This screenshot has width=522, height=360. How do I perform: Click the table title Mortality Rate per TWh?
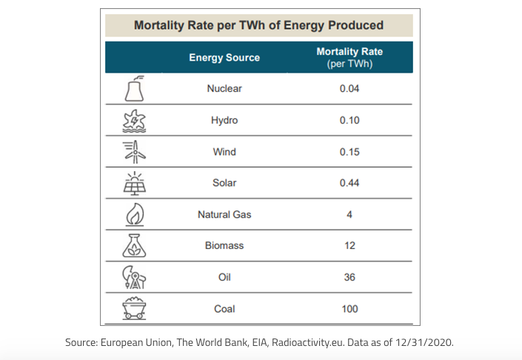point(258,25)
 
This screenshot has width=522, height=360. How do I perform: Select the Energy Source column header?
point(224,57)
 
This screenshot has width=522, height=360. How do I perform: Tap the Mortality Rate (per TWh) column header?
point(349,57)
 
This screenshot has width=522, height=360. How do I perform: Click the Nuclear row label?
point(224,89)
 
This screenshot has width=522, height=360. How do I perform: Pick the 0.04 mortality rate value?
point(349,89)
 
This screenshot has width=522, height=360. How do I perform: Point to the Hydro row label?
point(224,120)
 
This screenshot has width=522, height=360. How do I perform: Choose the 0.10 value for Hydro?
point(349,120)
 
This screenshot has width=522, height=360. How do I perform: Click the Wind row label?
point(224,152)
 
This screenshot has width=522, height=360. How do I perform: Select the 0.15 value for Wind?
point(349,152)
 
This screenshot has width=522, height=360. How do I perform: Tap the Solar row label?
point(224,183)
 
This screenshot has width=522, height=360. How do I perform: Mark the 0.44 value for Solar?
point(349,183)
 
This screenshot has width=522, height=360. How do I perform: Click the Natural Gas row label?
point(224,215)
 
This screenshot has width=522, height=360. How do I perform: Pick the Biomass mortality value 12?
point(349,246)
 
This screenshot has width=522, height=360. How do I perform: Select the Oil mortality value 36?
point(349,277)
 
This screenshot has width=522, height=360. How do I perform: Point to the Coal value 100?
point(349,309)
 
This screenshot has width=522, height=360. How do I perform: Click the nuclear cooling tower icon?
point(134,89)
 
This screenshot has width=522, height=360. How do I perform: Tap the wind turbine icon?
point(134,152)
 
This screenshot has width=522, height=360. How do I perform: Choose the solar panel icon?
point(134,183)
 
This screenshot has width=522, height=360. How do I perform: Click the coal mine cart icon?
point(134,309)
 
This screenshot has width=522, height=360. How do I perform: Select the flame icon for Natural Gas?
point(134,215)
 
